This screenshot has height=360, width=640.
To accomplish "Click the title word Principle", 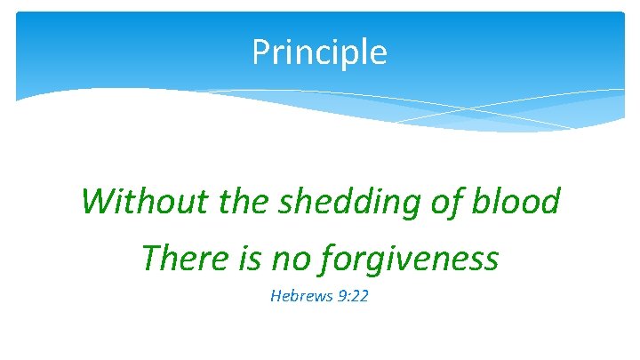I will (x=319, y=52).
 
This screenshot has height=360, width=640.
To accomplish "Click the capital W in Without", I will (x=95, y=202).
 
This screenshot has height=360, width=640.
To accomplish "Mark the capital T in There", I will (x=151, y=259).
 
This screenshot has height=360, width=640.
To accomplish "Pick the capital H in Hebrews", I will (x=275, y=295).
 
